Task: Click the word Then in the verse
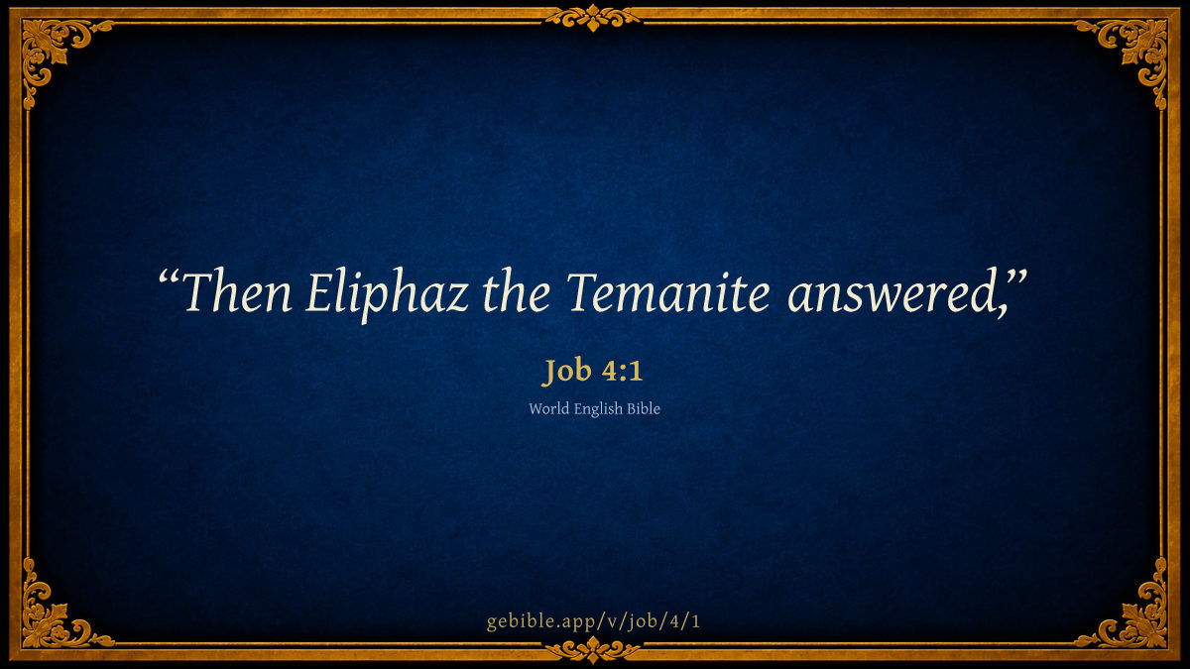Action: pos(237,292)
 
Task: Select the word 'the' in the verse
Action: pos(516,291)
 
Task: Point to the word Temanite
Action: pos(668,292)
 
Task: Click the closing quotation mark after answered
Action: pos(1015,279)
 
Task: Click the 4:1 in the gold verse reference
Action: pos(622,371)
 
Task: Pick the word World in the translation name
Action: pos(548,408)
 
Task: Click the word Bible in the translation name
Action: pos(644,408)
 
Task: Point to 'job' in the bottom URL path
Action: pos(642,621)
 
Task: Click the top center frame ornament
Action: pos(593,18)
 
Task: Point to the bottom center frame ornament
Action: pos(593,650)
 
